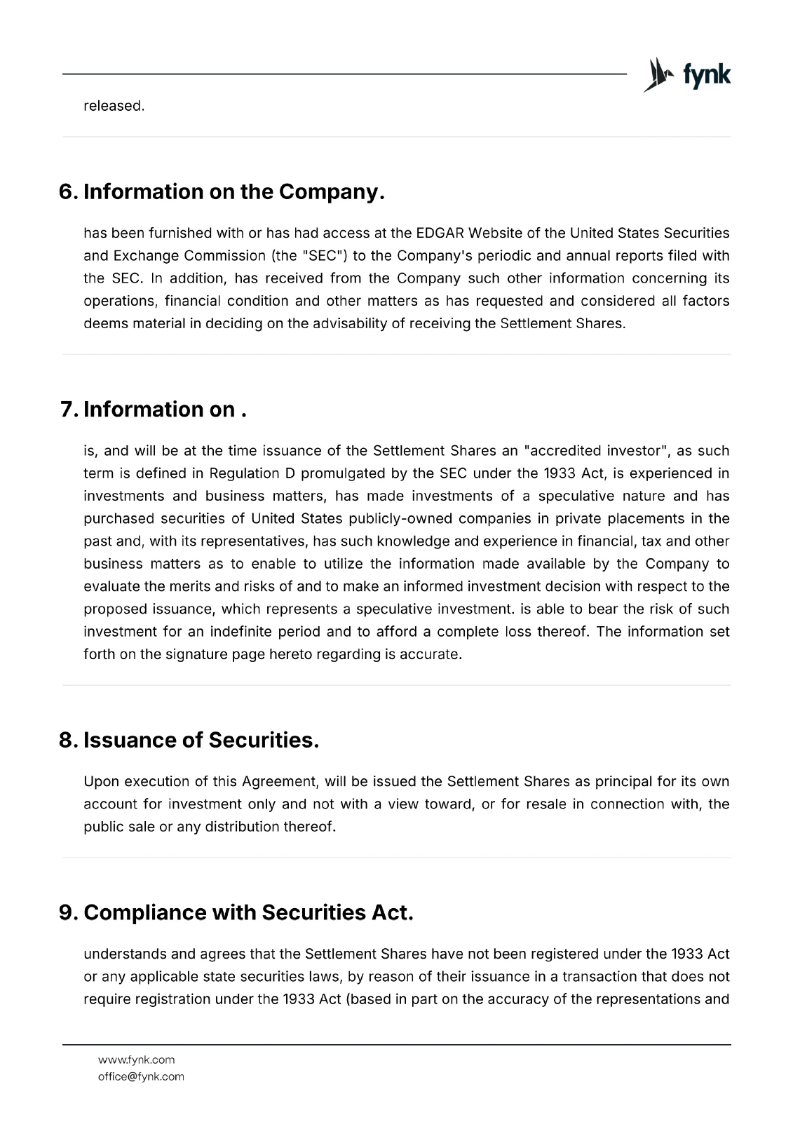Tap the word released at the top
pyautogui.click(x=114, y=107)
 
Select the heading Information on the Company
pyautogui.click(x=233, y=192)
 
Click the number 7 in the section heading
pyautogui.click(x=68, y=410)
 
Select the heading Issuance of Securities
pyautogui.click(x=201, y=741)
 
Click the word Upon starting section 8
pyautogui.click(x=100, y=782)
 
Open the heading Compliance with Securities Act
pyautogui.click(x=248, y=913)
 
